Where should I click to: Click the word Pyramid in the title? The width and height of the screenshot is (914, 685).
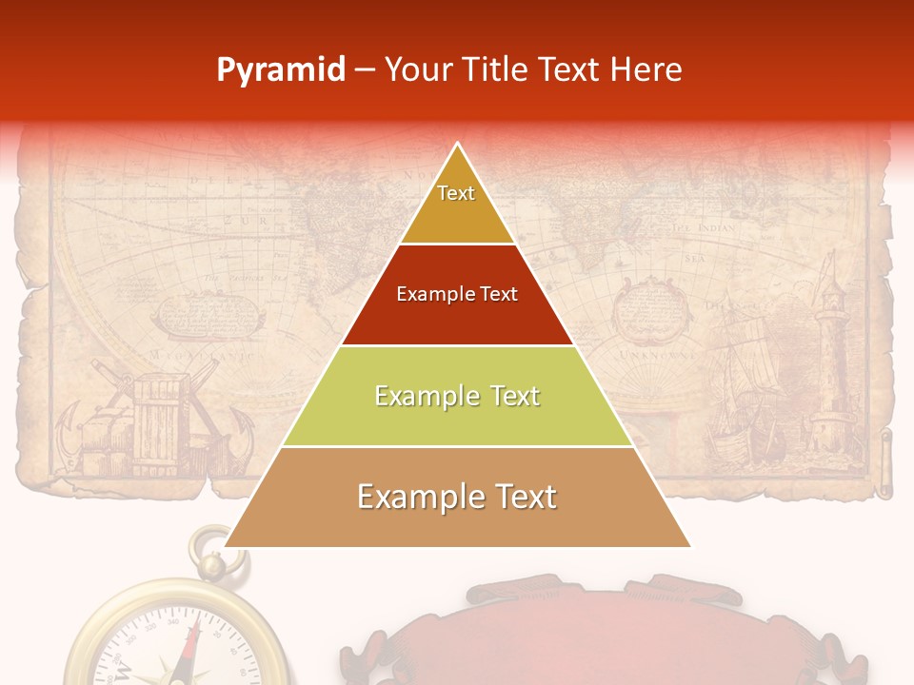[280, 70]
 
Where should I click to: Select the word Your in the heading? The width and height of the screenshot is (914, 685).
[415, 70]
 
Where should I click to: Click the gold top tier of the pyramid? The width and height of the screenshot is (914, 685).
[457, 205]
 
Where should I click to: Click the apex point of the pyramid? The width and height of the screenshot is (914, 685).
[458, 146]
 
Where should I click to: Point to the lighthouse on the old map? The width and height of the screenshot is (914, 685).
[833, 362]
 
